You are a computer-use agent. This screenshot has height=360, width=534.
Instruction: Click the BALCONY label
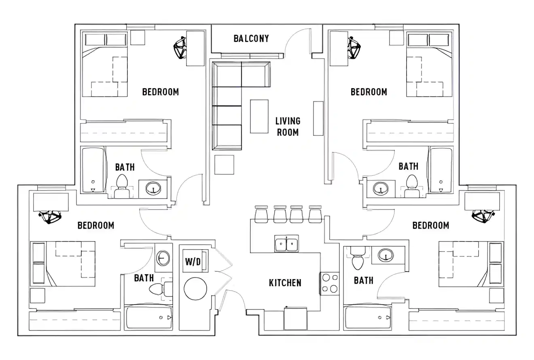[x=251, y=38]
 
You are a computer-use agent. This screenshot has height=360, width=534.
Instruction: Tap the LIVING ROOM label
[x=288, y=126]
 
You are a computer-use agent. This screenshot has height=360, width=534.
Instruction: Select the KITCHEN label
[x=285, y=283]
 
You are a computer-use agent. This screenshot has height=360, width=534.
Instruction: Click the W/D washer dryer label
[x=193, y=261]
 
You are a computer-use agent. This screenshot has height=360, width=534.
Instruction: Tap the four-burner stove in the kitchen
[x=330, y=283]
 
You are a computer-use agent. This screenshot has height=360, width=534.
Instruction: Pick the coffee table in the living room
[x=259, y=116]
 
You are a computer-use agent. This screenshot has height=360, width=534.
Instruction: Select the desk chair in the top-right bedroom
[x=354, y=48]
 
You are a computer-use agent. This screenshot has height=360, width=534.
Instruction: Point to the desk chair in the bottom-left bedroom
[x=50, y=217]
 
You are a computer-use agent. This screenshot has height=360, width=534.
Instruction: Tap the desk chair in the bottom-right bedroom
[x=484, y=216]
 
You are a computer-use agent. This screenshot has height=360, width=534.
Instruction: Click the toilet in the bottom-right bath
[x=358, y=258]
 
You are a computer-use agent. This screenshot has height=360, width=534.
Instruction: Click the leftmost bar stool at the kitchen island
[x=261, y=214]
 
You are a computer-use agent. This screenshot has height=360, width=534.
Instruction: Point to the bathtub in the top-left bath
[x=93, y=170]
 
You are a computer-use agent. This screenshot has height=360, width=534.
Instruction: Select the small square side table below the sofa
[x=224, y=165]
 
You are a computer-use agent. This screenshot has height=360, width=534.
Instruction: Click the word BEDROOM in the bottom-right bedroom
[x=430, y=225]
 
